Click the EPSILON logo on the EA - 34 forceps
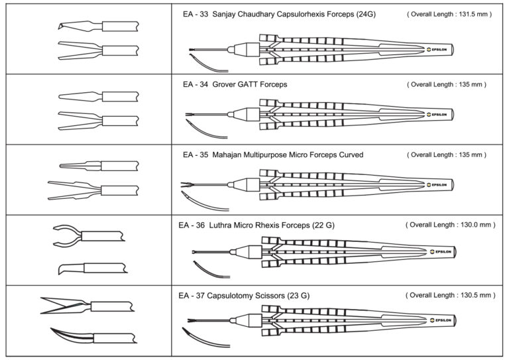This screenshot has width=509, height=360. click(437, 114)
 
